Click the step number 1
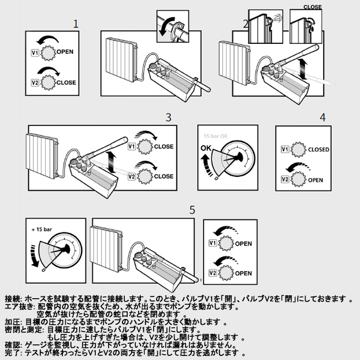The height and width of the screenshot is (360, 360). click(76, 24)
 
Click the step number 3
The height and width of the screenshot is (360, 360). click(169, 117)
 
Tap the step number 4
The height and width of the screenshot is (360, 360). click(322, 117)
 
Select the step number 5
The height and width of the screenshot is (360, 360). click(192, 210)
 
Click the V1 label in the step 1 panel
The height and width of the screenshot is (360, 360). click(35, 53)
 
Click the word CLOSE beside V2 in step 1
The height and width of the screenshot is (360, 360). click(66, 83)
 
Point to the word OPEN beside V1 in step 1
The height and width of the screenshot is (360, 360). click(65, 51)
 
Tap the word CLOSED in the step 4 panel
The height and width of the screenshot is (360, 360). click(318, 150)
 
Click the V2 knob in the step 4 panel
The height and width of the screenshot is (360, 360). click(298, 179)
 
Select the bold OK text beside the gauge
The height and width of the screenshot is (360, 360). click(206, 148)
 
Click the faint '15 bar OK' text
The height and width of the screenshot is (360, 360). click(216, 136)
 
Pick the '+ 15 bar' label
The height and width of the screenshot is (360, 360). click(42, 229)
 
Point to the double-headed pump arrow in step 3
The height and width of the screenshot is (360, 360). click(112, 162)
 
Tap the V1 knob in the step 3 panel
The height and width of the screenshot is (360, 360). click(145, 146)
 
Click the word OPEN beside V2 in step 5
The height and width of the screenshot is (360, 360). click(243, 273)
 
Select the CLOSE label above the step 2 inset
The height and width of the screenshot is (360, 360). click(313, 7)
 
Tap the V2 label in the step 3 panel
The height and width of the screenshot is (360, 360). click(131, 177)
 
